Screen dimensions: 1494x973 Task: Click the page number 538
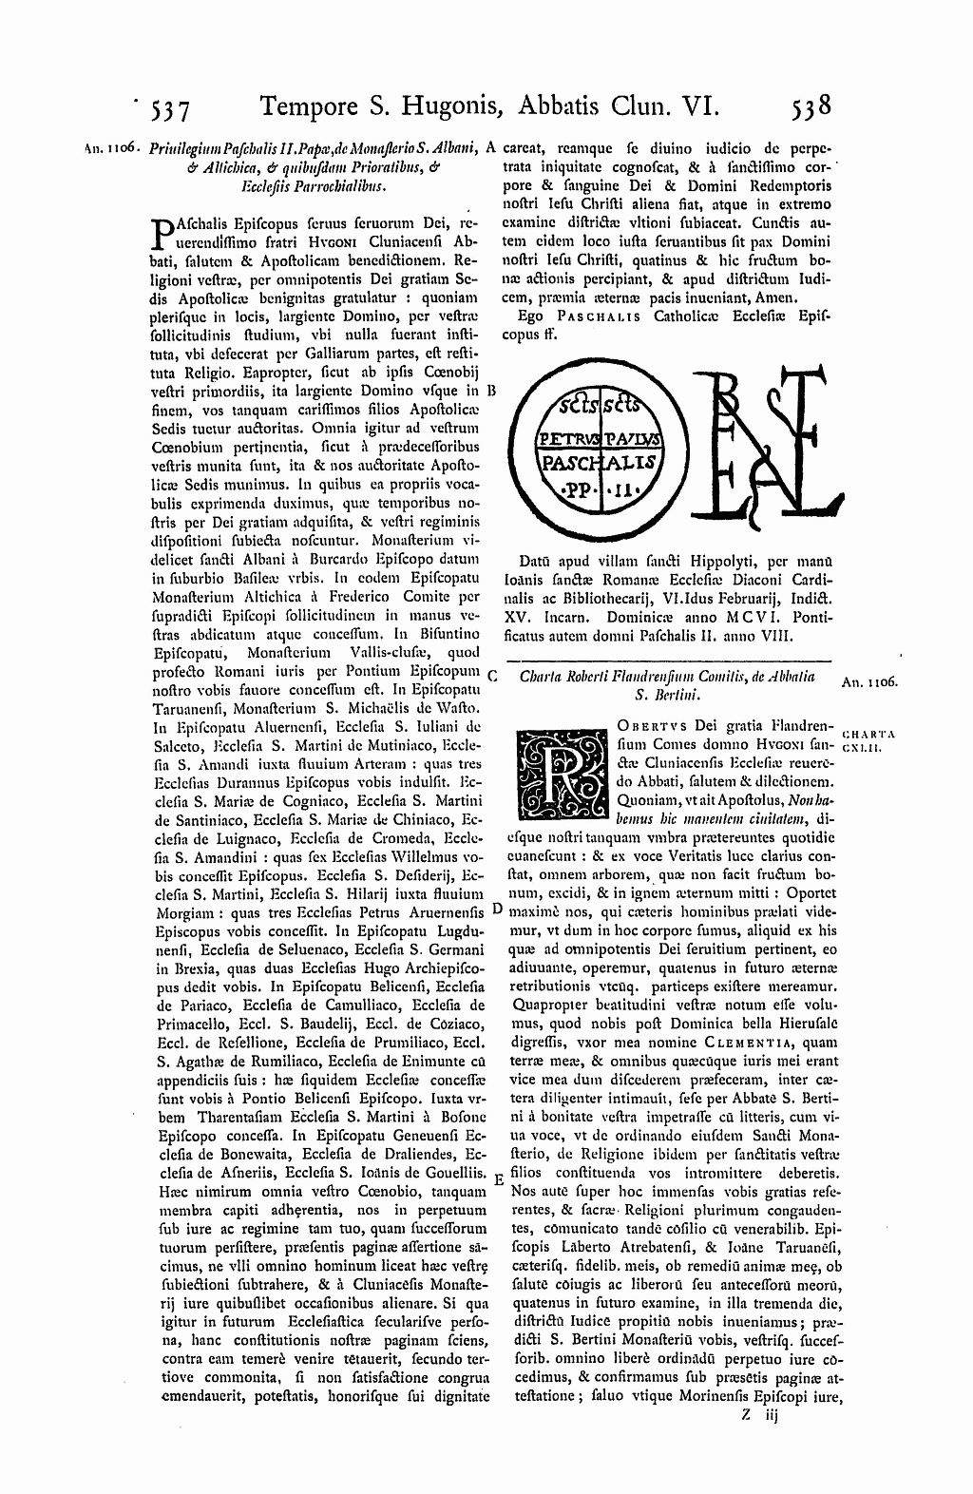coord(811,105)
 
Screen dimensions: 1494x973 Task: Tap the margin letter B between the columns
coord(491,391)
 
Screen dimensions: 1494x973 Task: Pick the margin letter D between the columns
coord(496,909)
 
